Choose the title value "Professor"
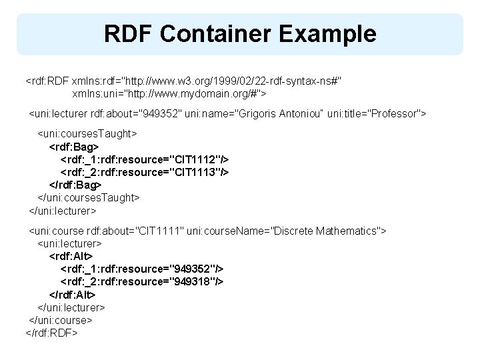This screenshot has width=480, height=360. click(387, 113)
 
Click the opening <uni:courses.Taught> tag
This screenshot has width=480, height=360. click(87, 133)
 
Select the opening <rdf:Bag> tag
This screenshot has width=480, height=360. click(75, 146)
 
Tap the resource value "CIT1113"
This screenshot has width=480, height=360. click(197, 172)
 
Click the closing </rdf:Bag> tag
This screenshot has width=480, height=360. click(76, 185)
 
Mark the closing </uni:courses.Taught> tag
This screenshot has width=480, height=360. click(89, 197)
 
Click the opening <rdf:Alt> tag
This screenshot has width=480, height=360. click(71, 256)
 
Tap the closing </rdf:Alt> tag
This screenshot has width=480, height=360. click(73, 294)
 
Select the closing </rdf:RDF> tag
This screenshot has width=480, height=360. click(52, 332)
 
